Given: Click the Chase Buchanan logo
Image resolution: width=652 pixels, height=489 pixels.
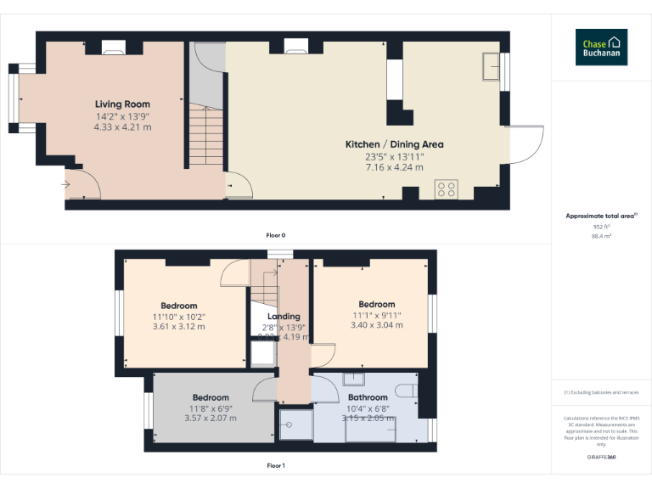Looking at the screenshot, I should (601, 48).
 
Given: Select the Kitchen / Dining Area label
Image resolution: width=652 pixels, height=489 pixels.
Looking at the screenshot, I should (394, 144).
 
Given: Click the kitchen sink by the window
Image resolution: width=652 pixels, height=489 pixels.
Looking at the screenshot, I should (490, 67).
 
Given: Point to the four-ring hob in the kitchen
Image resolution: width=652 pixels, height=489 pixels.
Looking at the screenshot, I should (447, 189).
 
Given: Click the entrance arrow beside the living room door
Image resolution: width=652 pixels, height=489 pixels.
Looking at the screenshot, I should (67, 183).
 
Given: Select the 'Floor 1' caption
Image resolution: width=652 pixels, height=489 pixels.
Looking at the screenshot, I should (276, 465).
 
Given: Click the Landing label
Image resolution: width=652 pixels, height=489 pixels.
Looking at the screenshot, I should (284, 317).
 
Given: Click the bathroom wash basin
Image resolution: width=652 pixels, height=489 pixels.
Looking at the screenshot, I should (353, 379).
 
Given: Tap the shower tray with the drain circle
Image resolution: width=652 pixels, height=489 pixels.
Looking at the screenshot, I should (295, 424).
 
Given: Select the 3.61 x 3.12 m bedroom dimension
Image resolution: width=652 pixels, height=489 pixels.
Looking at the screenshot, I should (178, 326).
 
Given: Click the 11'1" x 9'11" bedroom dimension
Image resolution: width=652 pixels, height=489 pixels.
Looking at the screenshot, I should (376, 315).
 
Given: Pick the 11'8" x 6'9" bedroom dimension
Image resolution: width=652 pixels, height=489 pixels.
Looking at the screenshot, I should (210, 408).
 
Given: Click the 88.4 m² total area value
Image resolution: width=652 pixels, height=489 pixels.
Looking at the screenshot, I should (601, 237).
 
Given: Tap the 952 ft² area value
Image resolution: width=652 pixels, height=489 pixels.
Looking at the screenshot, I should (601, 227).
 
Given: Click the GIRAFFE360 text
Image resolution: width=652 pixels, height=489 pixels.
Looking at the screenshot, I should (601, 458).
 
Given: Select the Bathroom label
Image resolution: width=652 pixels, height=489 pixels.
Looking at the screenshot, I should (368, 397).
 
